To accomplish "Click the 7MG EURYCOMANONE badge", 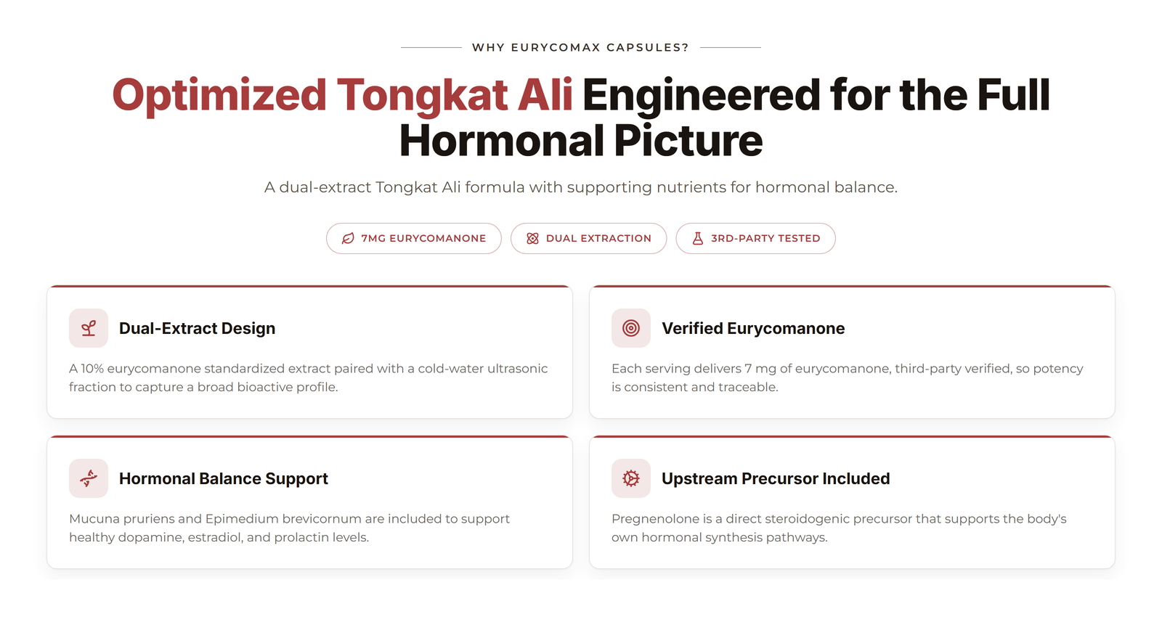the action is [x=413, y=239].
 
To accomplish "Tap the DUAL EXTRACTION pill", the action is [x=588, y=239].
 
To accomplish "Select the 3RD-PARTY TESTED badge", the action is [x=755, y=239].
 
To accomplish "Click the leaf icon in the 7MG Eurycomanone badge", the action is [x=348, y=239].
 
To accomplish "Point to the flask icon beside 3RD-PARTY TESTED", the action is [x=698, y=239].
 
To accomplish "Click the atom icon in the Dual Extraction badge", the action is [x=532, y=239].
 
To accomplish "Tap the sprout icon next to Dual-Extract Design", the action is [x=89, y=328].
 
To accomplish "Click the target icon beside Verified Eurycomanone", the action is [x=631, y=328].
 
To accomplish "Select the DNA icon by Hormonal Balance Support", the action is [x=89, y=478].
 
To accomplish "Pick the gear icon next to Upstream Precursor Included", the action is [x=631, y=478].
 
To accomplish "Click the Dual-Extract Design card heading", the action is [x=197, y=328].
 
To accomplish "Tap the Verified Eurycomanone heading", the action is [x=752, y=328].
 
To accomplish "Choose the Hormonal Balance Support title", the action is [x=224, y=478].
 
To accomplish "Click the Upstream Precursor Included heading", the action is [x=776, y=478].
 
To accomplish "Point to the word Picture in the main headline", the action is [x=688, y=141].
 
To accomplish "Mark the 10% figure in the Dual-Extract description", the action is [x=92, y=369].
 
